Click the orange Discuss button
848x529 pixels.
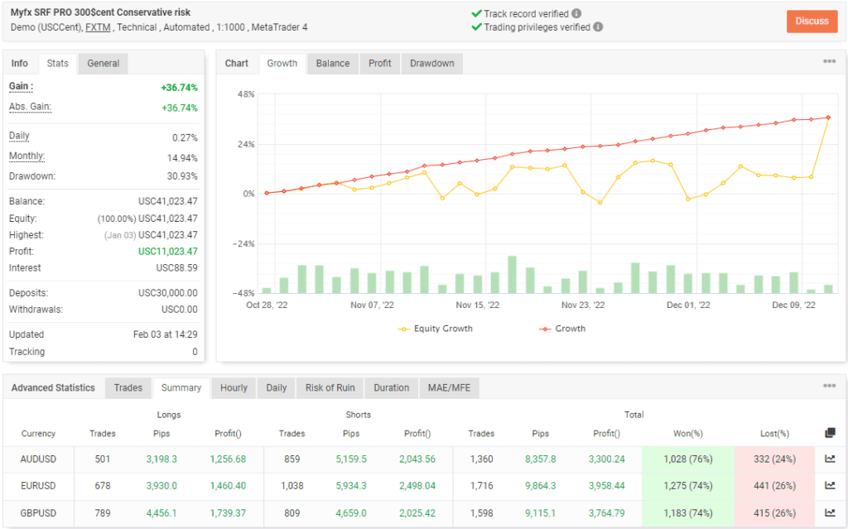812,21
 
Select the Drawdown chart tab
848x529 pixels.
431,64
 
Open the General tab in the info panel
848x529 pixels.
104,64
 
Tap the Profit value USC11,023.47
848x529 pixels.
167,251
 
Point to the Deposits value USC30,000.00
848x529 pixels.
167,293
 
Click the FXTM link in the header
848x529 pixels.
98,27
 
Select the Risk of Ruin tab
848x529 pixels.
330,387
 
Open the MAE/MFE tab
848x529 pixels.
449,387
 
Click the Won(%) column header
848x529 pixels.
687,433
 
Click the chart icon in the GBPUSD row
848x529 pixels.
830,513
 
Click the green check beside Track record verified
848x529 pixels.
476,14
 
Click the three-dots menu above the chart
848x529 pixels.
829,61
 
